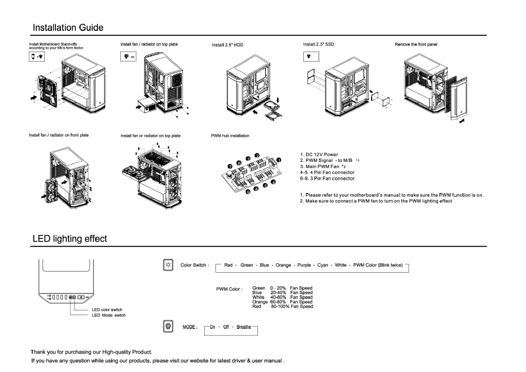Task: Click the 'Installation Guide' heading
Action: click(x=68, y=27)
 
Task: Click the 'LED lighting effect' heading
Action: click(x=69, y=239)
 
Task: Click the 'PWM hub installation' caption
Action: click(x=230, y=136)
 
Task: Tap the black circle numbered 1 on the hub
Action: click(x=279, y=161)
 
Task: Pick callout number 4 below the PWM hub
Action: click(x=273, y=182)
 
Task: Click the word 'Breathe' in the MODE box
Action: click(x=244, y=327)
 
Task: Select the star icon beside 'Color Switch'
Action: click(x=166, y=264)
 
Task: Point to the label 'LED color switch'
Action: click(x=107, y=310)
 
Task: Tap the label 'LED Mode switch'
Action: click(x=109, y=315)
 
